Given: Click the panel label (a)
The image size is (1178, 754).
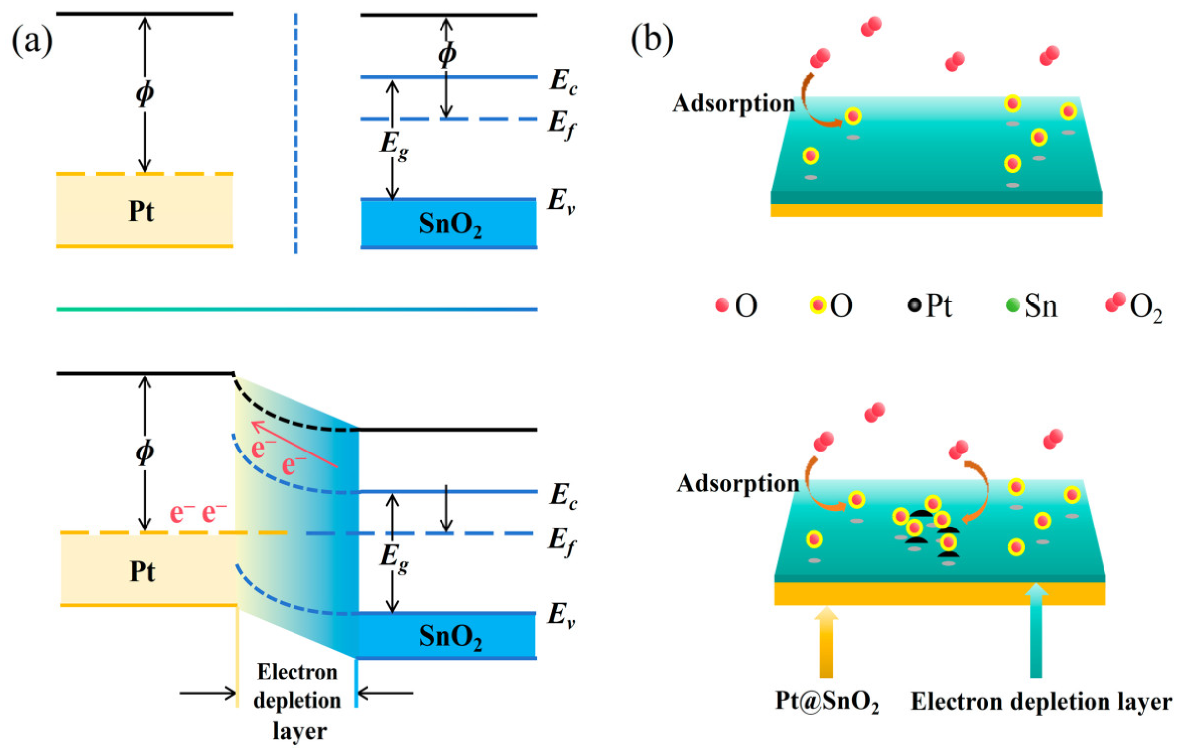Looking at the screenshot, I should point(32,41).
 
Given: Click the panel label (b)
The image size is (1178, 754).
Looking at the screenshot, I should point(651,39).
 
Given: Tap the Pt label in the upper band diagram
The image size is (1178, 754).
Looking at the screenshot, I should point(142,211).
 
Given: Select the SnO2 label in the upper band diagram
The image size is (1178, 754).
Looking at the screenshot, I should point(449,225).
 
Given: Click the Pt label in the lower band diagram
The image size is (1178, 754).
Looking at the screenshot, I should point(143,571).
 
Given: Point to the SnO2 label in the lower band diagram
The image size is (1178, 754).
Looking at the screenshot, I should point(449,636).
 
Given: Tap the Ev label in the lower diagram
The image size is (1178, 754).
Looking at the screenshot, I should point(561,615).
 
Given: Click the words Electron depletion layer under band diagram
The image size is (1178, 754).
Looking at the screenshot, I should point(297,701).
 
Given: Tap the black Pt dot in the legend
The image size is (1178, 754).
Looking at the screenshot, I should point(914,304).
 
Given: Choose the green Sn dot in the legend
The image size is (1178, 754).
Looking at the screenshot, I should point(1012,304).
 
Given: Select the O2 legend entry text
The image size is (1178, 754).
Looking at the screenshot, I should point(1145,307).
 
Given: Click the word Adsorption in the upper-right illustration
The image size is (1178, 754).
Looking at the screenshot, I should point(734,104).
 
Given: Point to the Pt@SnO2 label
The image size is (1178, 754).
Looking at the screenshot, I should point(826,702).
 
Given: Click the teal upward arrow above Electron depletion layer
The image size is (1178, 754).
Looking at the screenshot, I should point(1035,631).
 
